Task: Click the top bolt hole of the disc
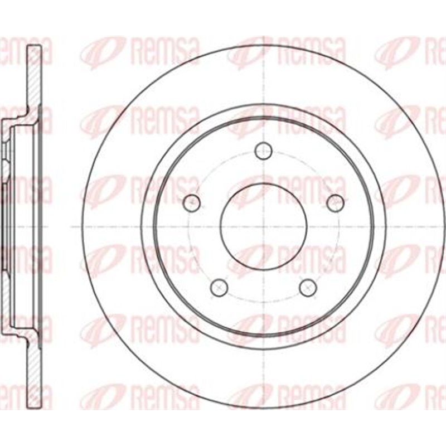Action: tap(263, 150)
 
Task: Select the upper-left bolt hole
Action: tap(192, 202)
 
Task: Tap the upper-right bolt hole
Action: tap(335, 202)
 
